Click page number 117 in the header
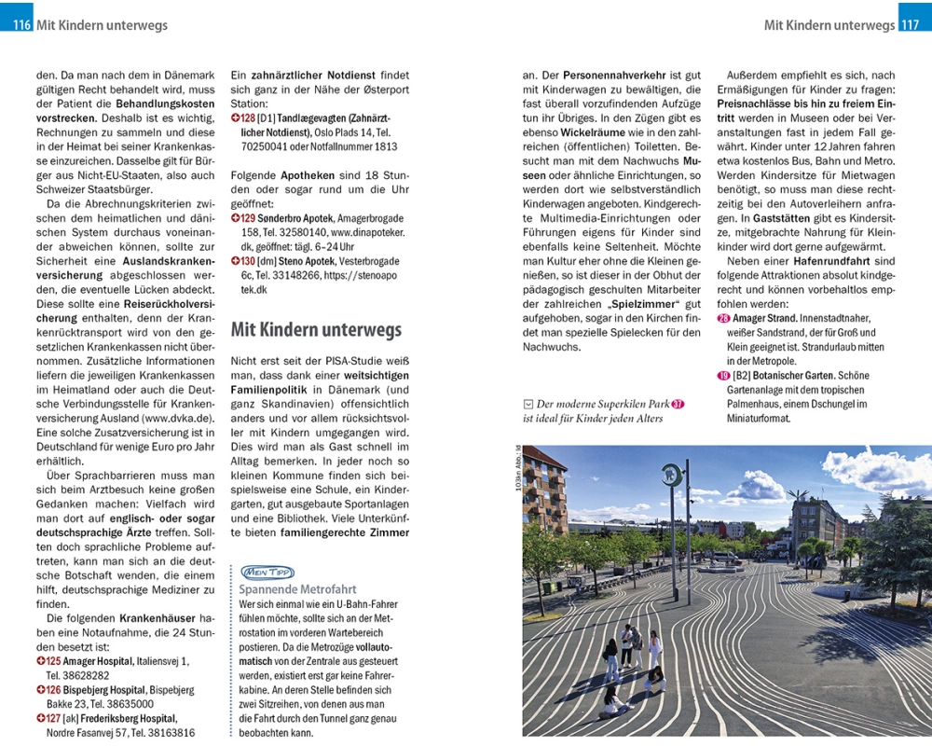911,25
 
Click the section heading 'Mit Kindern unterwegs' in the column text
316,330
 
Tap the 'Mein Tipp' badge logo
267,572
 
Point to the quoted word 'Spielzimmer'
644,304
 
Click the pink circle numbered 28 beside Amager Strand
723,319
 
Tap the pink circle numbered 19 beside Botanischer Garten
723,376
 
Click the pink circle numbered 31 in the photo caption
678,405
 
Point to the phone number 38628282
83,675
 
